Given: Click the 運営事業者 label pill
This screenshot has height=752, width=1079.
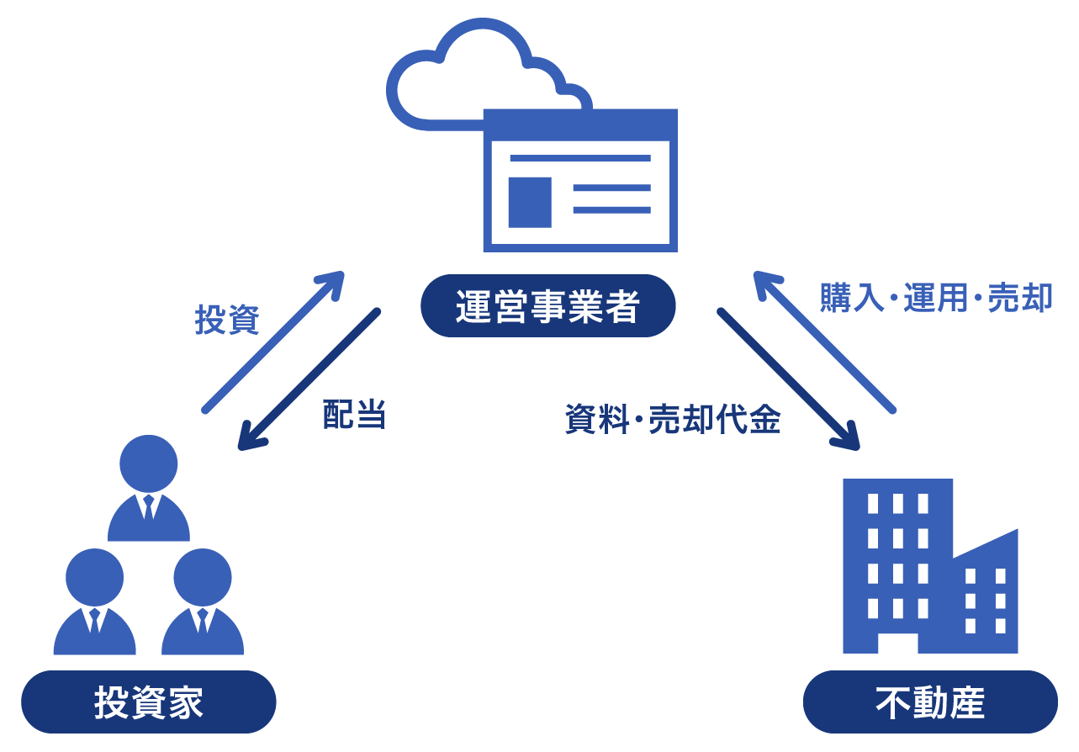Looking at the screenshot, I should (547, 306).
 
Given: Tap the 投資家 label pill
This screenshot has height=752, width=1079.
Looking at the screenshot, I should (149, 702).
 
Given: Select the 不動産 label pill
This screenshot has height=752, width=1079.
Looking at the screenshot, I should (930, 702).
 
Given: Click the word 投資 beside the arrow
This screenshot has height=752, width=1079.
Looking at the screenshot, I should (227, 320).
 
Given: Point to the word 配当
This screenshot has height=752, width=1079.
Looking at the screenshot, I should (354, 415).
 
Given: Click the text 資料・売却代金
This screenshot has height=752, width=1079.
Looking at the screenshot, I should (673, 419).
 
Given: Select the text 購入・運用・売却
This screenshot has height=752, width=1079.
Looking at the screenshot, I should (936, 298).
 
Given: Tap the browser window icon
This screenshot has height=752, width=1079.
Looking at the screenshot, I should (580, 181).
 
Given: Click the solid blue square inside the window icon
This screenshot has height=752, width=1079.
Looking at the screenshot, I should (530, 202).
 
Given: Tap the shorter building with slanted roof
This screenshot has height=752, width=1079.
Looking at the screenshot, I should (986, 597).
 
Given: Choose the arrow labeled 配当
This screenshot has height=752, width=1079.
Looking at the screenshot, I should (309, 379).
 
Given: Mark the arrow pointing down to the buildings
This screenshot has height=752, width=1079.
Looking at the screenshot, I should (787, 379).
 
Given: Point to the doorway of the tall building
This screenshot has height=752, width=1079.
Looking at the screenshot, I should (897, 643).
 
